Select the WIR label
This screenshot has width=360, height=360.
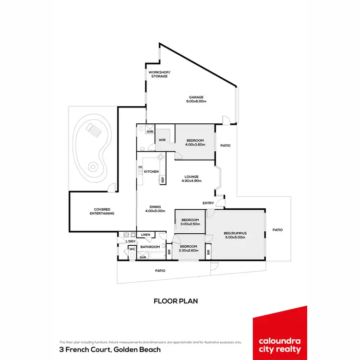(x=163, y=140)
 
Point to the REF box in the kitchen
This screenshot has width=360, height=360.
(x=163, y=180)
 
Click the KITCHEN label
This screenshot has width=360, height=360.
(x=151, y=171)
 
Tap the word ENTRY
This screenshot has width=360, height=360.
(x=208, y=203)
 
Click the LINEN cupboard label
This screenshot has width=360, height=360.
(x=146, y=235)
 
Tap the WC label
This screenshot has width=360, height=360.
(x=132, y=249)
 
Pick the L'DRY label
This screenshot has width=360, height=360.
(x=131, y=241)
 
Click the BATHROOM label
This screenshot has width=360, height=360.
(x=150, y=247)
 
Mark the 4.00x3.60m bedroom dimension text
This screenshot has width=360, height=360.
(x=195, y=144)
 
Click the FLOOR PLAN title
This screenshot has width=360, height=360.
(x=176, y=301)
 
